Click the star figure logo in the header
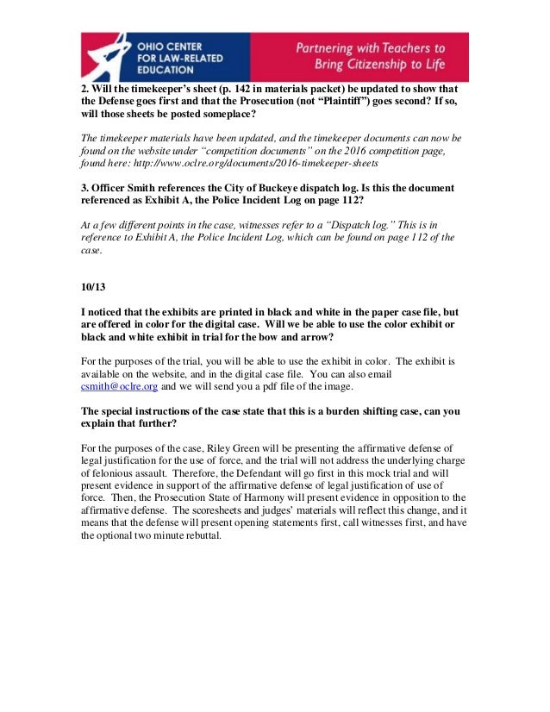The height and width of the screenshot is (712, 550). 104,57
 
